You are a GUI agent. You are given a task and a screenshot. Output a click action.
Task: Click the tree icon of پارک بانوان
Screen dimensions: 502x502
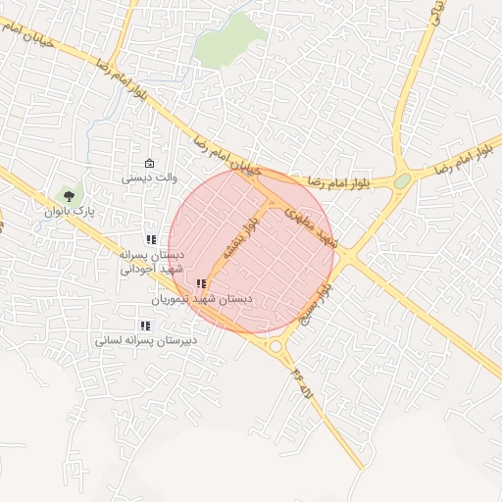[68, 195]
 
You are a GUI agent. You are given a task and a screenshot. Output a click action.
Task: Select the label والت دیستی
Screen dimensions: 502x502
[149, 178]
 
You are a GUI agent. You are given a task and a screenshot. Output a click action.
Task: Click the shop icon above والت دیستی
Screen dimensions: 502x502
[149, 163]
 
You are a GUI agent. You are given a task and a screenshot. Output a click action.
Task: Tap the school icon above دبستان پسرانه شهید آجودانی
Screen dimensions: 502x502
[151, 239]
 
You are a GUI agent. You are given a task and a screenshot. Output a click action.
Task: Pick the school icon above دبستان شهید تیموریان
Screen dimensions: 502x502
[201, 283]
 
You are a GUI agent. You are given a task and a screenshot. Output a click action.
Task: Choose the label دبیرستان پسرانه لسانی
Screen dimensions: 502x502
[146, 340]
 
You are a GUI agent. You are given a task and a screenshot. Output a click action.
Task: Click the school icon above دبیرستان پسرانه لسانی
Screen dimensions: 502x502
[145, 326]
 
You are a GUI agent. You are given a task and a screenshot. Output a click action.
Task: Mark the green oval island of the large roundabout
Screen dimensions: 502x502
[402, 181]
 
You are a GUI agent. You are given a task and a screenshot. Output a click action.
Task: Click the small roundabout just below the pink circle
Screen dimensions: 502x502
[276, 345]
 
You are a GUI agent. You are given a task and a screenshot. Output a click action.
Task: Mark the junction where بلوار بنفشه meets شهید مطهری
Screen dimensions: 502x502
[273, 204]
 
